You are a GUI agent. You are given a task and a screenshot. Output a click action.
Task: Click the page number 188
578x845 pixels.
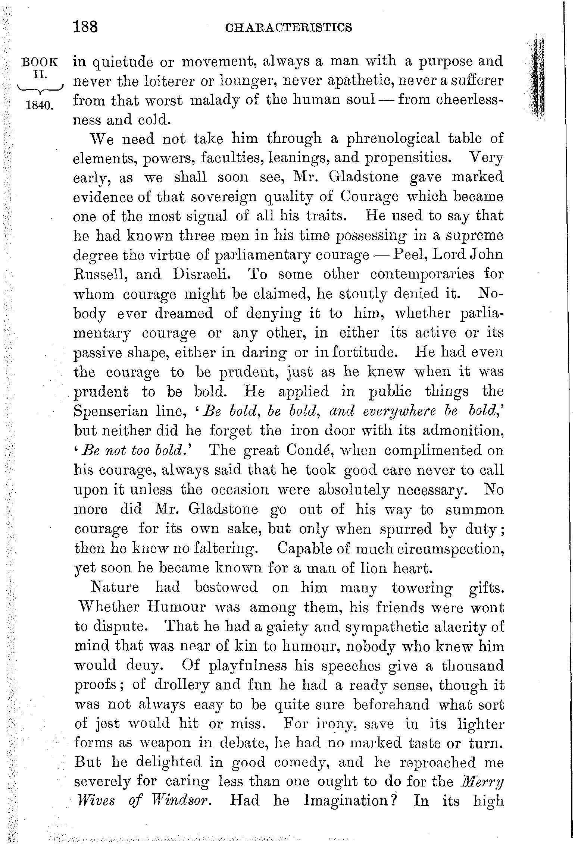(85, 27)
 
